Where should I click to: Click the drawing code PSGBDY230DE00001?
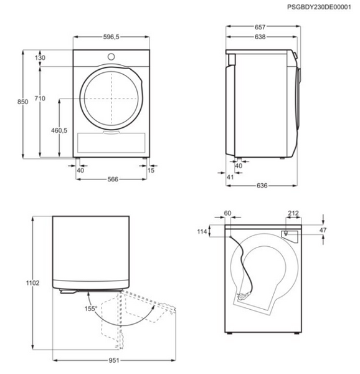pyautogui.click(x=319, y=7)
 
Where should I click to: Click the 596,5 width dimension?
pyautogui.click(x=111, y=37)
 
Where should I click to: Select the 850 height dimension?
pyautogui.click(x=22, y=102)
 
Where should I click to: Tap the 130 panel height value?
pyautogui.click(x=40, y=58)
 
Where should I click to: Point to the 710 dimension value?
pyautogui.click(x=40, y=98)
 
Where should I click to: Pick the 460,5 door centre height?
pyautogui.click(x=59, y=130)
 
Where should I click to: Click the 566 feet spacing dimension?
pyautogui.click(x=113, y=179)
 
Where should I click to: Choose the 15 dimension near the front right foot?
pyautogui.click(x=151, y=170)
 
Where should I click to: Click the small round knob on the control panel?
pyautogui.click(x=111, y=57)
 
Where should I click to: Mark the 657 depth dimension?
pyautogui.click(x=260, y=27)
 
